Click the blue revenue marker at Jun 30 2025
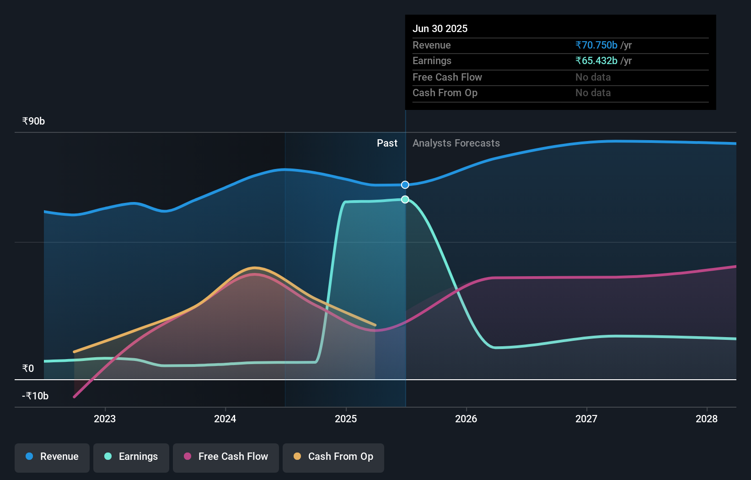click(x=405, y=185)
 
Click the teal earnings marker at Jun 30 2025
click(x=405, y=199)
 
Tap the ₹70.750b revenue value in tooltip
click(x=596, y=45)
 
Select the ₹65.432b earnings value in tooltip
click(x=596, y=60)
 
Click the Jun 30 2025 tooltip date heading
click(x=440, y=28)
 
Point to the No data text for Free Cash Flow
click(x=593, y=77)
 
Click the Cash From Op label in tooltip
click(x=445, y=93)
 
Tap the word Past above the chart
click(x=387, y=143)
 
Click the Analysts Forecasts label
click(x=456, y=143)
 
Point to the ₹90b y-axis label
click(x=33, y=121)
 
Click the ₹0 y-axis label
click(x=28, y=368)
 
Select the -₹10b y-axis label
click(x=35, y=396)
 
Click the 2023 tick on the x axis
click(x=105, y=419)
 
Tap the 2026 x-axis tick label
click(x=466, y=419)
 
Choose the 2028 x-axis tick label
click(x=706, y=419)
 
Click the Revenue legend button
click(x=52, y=457)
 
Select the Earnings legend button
click(x=131, y=457)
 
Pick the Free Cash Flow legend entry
click(x=226, y=457)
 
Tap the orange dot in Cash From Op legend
click(x=297, y=456)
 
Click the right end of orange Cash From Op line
click(x=375, y=325)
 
